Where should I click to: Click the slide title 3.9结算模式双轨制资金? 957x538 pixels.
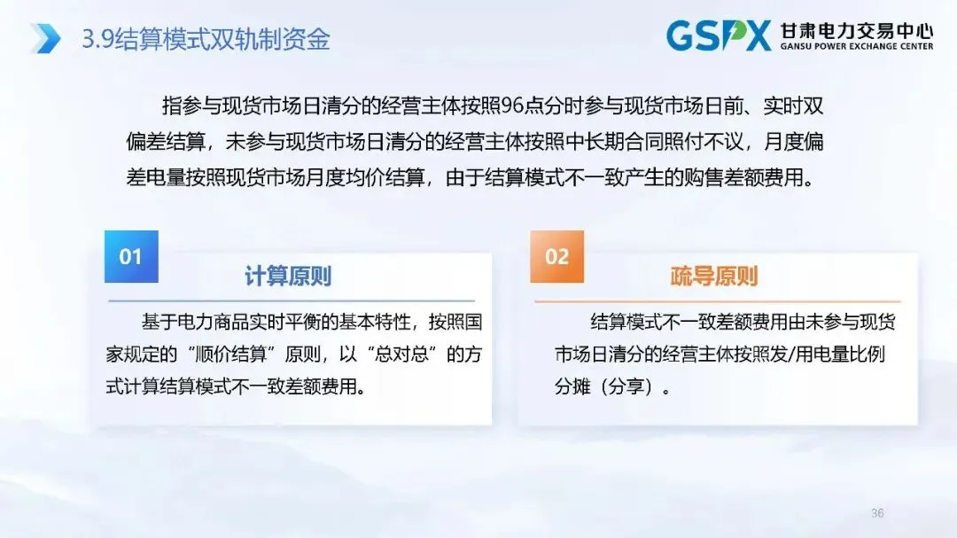(206, 39)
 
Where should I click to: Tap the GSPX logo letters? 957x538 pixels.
(719, 35)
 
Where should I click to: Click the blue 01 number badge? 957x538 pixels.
(131, 257)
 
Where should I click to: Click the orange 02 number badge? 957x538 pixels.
(556, 257)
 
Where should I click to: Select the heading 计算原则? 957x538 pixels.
(288, 277)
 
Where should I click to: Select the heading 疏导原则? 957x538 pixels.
(714, 277)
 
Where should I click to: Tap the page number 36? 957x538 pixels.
(878, 513)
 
